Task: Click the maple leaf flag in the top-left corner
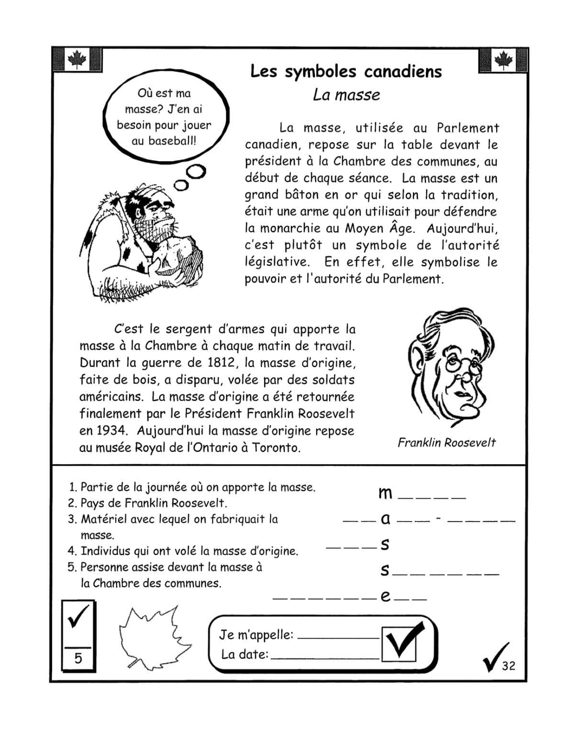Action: point(77,60)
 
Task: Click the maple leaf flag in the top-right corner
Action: point(502,60)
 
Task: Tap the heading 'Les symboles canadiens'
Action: point(346,72)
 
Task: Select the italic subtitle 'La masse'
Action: point(346,95)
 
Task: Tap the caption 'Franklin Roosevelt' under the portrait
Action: point(446,443)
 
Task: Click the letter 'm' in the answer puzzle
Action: point(385,493)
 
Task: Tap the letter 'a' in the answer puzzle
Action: point(385,519)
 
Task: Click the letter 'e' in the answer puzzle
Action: point(385,596)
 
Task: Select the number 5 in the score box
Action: point(78,658)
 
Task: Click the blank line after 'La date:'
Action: point(325,657)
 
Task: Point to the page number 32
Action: point(509,666)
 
